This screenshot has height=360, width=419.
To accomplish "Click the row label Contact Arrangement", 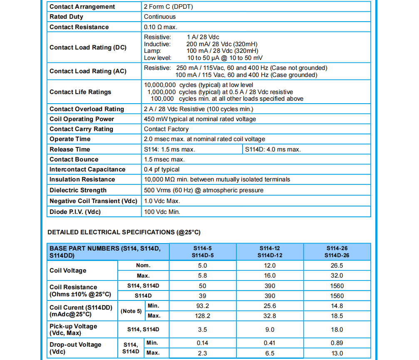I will [x=82, y=7].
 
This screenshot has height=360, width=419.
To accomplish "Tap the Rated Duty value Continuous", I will [x=160, y=17].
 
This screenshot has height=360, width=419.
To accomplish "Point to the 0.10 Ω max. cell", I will [x=161, y=27].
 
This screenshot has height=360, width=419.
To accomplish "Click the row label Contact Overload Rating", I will [x=87, y=109].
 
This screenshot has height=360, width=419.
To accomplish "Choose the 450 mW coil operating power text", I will [x=200, y=119].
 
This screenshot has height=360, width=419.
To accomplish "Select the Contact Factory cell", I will [x=166, y=129].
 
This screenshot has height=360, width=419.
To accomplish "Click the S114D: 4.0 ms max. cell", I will [x=273, y=149].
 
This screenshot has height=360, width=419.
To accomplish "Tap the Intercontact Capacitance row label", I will [x=87, y=169].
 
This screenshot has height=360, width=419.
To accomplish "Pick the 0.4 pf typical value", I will [x=162, y=169].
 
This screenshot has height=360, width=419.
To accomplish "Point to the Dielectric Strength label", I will [x=78, y=190].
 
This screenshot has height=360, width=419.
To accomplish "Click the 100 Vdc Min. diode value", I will [x=162, y=212].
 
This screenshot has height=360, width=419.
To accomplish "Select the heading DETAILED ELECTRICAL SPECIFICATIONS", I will [x=124, y=232].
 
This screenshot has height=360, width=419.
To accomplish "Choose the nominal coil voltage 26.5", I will [x=337, y=266].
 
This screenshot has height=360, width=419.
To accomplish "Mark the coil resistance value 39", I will [x=203, y=296].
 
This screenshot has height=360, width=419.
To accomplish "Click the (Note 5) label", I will [x=131, y=311].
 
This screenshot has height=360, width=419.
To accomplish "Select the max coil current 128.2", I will [x=203, y=316].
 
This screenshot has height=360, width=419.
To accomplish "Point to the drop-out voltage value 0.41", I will [x=270, y=343].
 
